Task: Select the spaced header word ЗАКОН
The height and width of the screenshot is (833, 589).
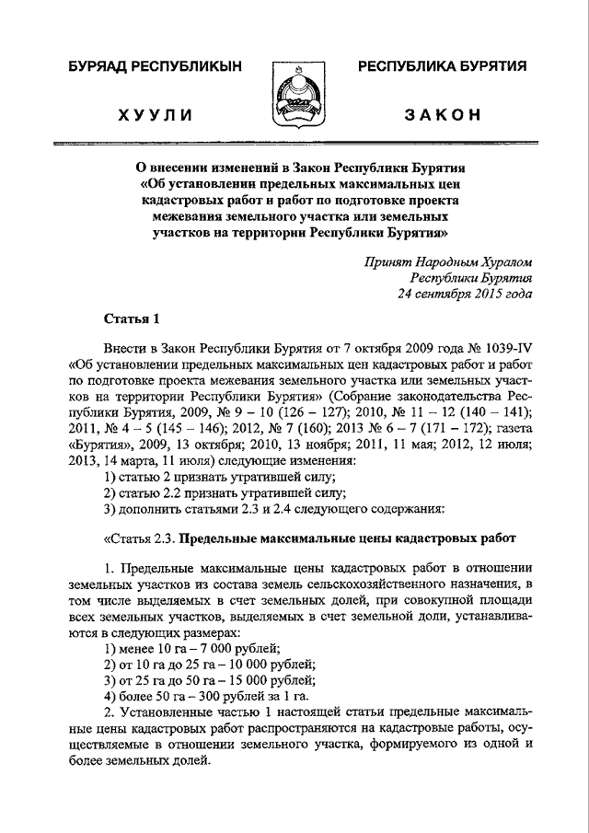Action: click(x=443, y=114)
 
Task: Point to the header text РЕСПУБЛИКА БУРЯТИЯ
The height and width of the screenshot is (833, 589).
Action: click(x=443, y=66)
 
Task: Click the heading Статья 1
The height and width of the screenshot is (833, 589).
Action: click(x=133, y=319)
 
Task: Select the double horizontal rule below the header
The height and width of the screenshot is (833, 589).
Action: click(x=294, y=145)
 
